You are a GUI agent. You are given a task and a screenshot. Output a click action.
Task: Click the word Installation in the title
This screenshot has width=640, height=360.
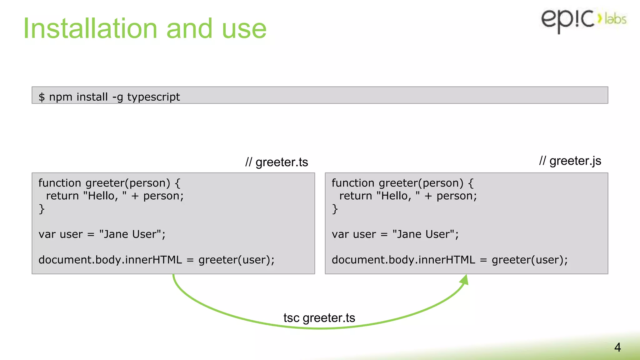[x=90, y=29]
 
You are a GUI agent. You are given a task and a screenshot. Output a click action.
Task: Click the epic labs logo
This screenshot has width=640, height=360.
[x=583, y=20]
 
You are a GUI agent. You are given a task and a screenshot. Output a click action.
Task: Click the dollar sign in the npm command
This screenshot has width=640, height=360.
[x=42, y=97]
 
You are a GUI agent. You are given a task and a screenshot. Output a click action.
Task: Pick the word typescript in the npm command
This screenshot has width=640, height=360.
[x=153, y=97]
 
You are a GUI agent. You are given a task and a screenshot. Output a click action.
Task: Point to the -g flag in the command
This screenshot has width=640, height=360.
[x=117, y=97]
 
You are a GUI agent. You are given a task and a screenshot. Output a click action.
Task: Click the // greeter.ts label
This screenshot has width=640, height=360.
[x=277, y=162]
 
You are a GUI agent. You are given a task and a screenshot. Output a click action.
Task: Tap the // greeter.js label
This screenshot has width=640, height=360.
[x=570, y=161]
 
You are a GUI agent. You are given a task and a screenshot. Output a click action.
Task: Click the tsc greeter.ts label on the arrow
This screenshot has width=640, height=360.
[x=319, y=318]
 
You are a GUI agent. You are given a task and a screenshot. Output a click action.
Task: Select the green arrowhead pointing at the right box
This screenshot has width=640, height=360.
[x=465, y=280]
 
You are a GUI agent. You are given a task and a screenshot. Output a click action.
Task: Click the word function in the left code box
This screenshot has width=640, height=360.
[x=60, y=183]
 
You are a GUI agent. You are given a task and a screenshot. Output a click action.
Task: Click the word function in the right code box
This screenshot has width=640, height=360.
[x=353, y=183]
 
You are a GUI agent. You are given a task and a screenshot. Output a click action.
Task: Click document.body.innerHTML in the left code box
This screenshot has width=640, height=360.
[x=110, y=260]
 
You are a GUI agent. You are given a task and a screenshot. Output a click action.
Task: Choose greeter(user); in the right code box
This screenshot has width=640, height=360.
[x=529, y=260]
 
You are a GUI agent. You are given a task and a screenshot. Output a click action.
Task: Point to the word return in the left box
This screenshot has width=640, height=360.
[x=62, y=196]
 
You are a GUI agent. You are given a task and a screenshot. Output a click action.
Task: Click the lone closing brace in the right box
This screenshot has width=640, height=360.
[x=335, y=209]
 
